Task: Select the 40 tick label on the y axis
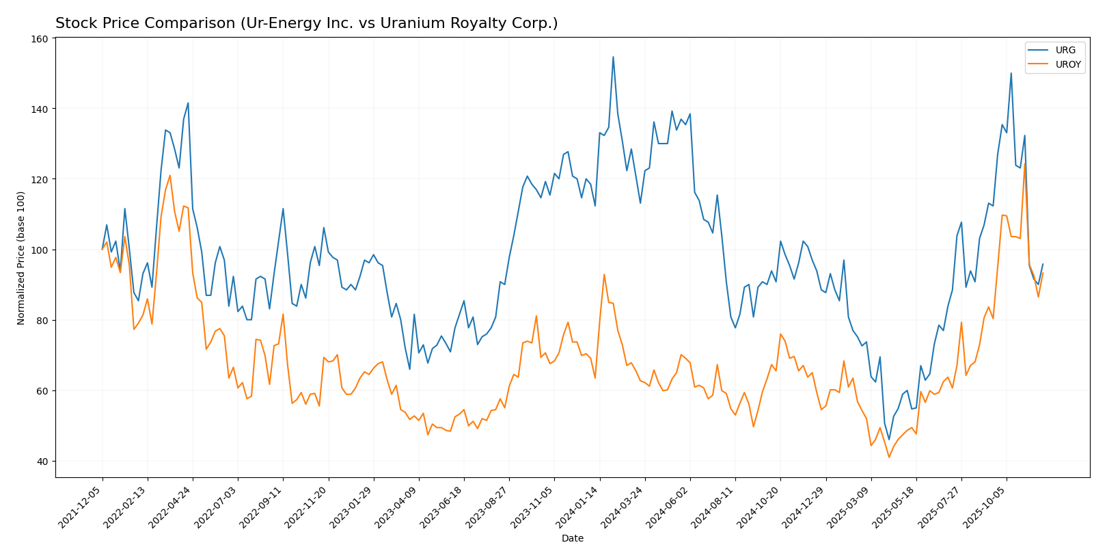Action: (42, 462)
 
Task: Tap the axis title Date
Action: (572, 539)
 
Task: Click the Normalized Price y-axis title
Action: (21, 258)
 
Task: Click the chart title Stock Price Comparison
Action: (306, 23)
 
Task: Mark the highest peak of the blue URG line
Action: (613, 57)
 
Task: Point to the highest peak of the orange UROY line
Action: (1024, 163)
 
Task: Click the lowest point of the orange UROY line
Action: (889, 457)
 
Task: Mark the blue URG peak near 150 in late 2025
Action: (1011, 73)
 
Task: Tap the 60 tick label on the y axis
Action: (42, 391)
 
